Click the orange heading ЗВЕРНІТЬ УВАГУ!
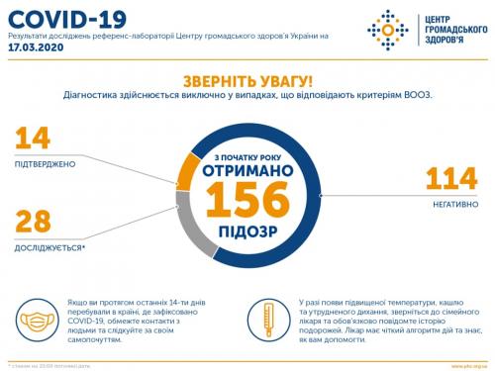pos(247,82)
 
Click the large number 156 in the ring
pos(247,202)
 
